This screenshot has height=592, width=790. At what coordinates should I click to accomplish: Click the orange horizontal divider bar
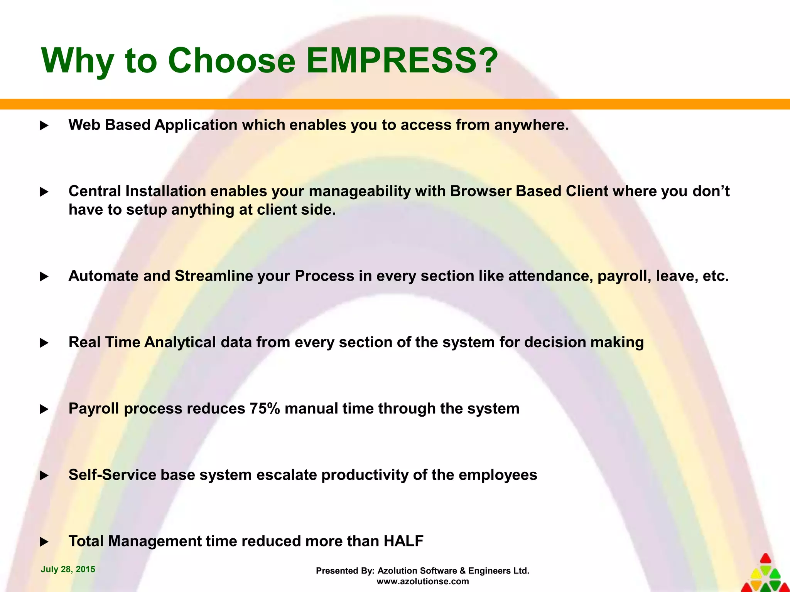coord(395,104)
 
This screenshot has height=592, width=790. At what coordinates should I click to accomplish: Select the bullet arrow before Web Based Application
coord(44,126)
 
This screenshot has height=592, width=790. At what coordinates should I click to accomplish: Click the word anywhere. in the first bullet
coord(532,125)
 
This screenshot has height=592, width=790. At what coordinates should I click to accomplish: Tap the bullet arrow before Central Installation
coord(44,192)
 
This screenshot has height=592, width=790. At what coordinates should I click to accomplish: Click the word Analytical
coord(180,342)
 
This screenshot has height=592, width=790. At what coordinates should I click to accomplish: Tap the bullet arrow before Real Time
coord(44,343)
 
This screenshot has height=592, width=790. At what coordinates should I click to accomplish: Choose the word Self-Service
coord(112,475)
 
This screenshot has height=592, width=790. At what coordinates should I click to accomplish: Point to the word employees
coord(498,475)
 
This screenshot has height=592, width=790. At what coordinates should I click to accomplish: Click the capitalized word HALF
coord(403,541)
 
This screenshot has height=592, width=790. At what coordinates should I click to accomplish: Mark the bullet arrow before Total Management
coord(44,542)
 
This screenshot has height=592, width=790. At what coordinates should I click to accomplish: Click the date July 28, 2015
coord(68,569)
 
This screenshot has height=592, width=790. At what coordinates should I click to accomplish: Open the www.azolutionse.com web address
coord(422,581)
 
